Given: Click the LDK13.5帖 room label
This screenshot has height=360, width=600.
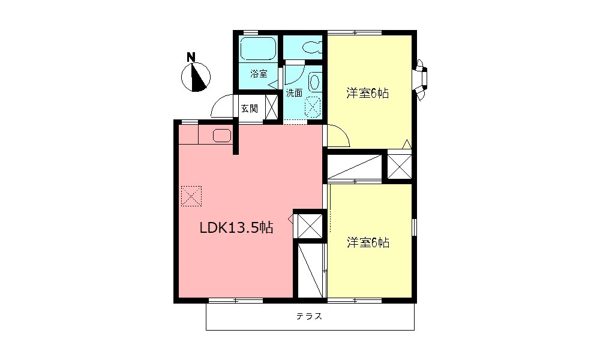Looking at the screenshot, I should (x=236, y=228).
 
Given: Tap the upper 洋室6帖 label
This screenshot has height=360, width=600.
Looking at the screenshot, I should (x=368, y=93).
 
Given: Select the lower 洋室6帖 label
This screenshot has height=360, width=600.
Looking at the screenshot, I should (x=368, y=242).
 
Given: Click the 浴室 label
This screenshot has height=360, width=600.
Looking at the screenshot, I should (x=259, y=74).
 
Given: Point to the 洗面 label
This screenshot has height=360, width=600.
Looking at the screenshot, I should (x=294, y=93).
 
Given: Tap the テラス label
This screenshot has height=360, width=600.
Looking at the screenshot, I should (x=310, y=316).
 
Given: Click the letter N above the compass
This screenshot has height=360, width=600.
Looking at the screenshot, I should (x=191, y=58).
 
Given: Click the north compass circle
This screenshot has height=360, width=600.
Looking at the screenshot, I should (x=196, y=77).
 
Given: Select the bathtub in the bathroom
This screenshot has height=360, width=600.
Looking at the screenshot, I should (x=258, y=49).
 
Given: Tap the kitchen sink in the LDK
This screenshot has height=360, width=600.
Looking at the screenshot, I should (x=222, y=136).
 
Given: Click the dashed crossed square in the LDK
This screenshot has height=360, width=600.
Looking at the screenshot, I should (x=191, y=196).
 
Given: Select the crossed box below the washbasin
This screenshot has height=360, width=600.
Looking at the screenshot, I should (x=313, y=107).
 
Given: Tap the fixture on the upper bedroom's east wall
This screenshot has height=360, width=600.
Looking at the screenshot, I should (x=421, y=79).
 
